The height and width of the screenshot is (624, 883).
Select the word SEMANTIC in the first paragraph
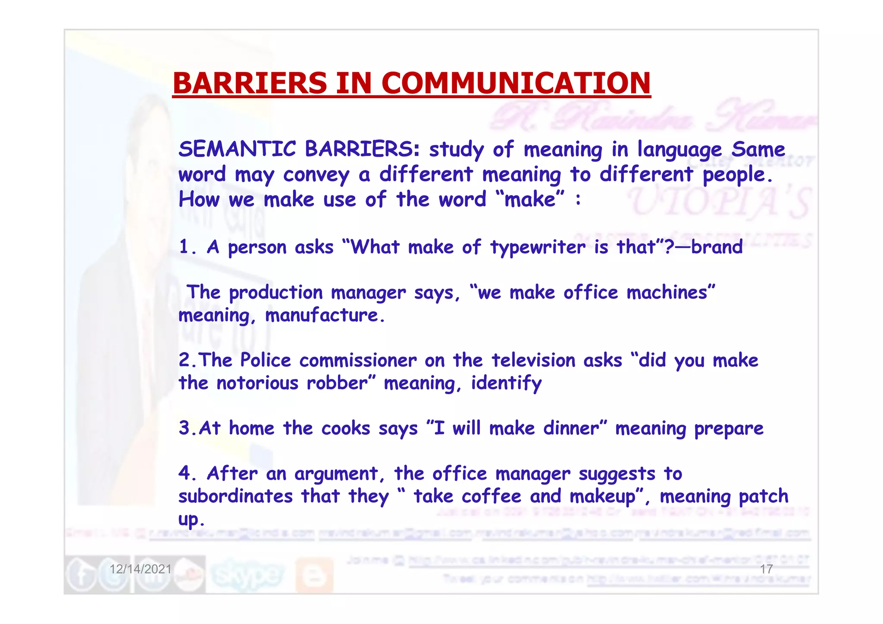pos(237,149)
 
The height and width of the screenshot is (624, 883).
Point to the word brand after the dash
pos(717,247)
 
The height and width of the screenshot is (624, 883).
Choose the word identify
pos(506,383)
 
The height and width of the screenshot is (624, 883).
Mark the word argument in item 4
pos(336,474)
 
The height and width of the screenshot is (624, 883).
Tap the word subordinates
pos(235,496)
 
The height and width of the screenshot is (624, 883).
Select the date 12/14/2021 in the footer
pos(141,569)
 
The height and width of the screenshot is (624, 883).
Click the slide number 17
pos(766,569)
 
